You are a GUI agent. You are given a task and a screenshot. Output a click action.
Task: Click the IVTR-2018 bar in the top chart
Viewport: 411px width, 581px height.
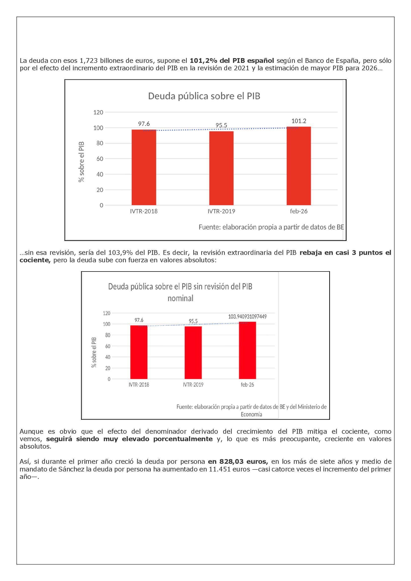pyautogui.click(x=144, y=167)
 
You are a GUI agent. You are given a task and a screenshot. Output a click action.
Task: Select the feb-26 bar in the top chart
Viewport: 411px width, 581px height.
pyautogui.click(x=299, y=166)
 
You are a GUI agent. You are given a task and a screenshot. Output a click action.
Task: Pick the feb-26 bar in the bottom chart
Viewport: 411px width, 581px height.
pyautogui.click(x=247, y=350)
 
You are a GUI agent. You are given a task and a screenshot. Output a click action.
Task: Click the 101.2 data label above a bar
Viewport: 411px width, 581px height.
pyautogui.click(x=299, y=121)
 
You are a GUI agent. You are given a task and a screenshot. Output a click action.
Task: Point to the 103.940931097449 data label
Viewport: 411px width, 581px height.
pyautogui.click(x=247, y=316)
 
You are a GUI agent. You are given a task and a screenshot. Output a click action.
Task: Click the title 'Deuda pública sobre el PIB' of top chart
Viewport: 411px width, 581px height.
pyautogui.click(x=204, y=96)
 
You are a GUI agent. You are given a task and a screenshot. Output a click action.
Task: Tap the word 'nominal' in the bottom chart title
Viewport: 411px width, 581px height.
pyautogui.click(x=180, y=298)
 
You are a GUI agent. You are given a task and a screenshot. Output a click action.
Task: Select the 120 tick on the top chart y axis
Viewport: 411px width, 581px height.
pyautogui.click(x=98, y=112)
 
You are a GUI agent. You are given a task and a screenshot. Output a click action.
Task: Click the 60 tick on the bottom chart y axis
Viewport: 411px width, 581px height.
pyautogui.click(x=108, y=346)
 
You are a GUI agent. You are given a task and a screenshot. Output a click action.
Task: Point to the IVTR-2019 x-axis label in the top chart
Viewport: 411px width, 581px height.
pyautogui.click(x=221, y=211)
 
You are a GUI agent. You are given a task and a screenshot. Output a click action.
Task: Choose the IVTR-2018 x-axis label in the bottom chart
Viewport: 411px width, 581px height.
pyautogui.click(x=139, y=385)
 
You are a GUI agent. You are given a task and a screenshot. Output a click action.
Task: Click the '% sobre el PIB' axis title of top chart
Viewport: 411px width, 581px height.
pyautogui.click(x=81, y=161)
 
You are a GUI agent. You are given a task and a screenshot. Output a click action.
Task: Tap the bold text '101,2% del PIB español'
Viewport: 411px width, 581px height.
pyautogui.click(x=232, y=61)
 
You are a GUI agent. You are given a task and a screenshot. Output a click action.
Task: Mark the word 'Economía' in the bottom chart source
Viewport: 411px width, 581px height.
pyautogui.click(x=251, y=414)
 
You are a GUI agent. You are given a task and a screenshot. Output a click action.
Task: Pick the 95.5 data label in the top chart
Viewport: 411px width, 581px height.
pyautogui.click(x=221, y=125)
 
